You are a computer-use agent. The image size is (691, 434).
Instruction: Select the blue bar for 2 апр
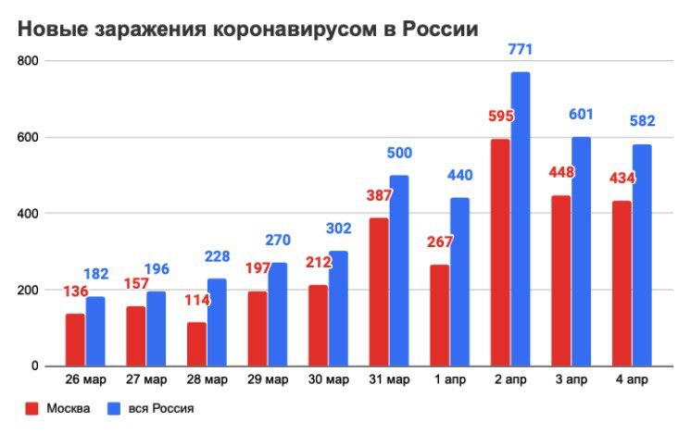coord(521,218)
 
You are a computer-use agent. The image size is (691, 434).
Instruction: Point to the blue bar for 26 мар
coord(95,330)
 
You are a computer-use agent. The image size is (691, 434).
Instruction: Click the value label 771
coord(521,49)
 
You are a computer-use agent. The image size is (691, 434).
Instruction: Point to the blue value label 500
coord(399,153)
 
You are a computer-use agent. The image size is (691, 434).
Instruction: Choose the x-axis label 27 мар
coord(145,378)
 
